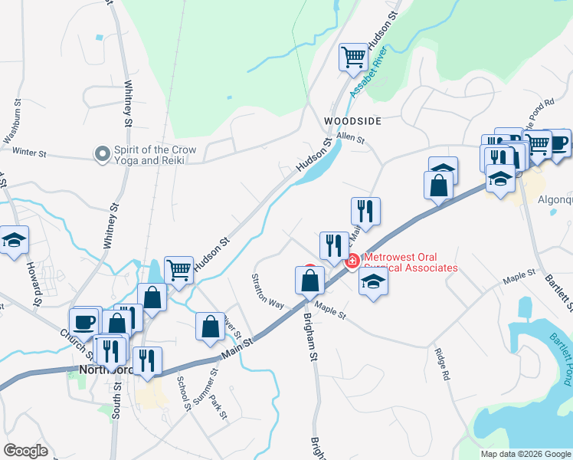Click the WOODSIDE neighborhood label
[352, 121]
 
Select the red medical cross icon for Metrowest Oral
[352, 261]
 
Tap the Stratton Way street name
[269, 291]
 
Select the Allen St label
[351, 139]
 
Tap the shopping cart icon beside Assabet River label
[353, 56]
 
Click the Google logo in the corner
[25, 451]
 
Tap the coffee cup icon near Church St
[83, 321]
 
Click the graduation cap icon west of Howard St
[14, 240]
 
